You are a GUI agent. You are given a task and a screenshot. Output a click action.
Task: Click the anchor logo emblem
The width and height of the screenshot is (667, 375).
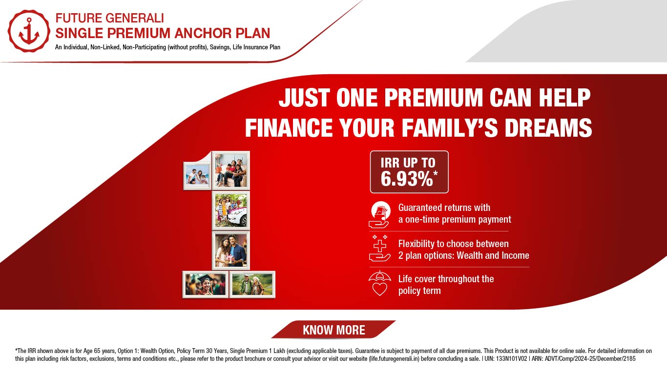tap(29, 31)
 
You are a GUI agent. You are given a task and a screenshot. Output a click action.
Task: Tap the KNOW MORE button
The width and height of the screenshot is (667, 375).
tap(333, 330)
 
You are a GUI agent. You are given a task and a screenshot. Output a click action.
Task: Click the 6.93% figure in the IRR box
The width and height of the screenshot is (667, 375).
tap(407, 179)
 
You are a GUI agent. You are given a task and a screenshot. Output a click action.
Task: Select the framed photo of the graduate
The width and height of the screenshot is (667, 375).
tap(206, 285)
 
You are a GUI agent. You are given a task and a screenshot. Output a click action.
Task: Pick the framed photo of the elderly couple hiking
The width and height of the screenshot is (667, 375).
tap(252, 285)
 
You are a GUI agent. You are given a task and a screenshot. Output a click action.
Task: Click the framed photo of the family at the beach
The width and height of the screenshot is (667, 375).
tap(197, 176)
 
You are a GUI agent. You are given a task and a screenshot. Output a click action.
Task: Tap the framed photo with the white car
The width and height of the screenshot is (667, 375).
tap(231, 210)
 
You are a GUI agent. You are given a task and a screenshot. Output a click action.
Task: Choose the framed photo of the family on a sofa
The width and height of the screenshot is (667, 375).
tap(231, 170)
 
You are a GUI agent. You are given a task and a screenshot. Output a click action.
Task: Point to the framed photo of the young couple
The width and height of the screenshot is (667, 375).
tap(231, 250)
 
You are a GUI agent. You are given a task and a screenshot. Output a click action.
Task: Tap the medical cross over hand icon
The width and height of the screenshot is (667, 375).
tap(380, 249)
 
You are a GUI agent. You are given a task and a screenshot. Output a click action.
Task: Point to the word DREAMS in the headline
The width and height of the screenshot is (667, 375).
tap(548, 128)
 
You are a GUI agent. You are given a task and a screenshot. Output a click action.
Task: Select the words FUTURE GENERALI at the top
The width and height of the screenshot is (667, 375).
tap(109, 18)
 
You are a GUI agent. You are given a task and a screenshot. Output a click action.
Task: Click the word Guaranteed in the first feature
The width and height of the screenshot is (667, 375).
tap(419, 208)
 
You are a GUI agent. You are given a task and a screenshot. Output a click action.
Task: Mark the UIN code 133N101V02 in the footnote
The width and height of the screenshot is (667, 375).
tap(512, 358)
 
